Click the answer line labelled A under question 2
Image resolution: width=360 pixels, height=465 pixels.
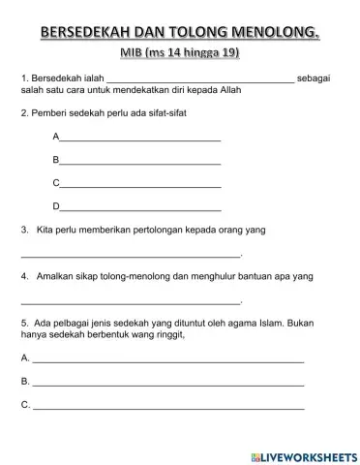pyautogui.click(x=140, y=140)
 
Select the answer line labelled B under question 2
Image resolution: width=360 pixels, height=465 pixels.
pyautogui.click(x=140, y=163)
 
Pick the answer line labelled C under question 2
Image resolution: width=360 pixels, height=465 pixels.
pyautogui.click(x=140, y=185)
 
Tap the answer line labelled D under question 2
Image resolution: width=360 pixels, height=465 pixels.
pyautogui.click(x=140, y=208)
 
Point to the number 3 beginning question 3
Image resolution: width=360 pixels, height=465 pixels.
pyautogui.click(x=23, y=231)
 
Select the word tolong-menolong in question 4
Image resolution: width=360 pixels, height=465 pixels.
pyautogui.click(x=135, y=276)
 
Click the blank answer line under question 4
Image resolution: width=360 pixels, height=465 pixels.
pyautogui.click(x=130, y=302)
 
